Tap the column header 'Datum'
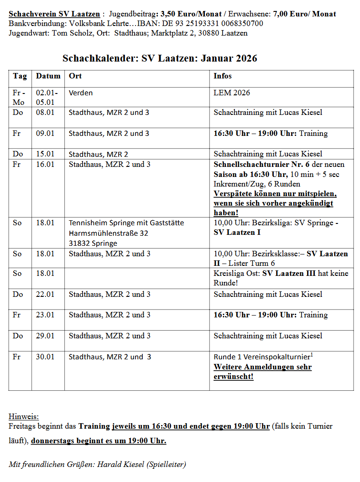48,76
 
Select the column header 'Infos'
223,76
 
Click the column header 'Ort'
75,76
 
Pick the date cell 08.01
45,113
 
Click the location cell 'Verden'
81,93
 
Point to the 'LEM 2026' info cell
232,93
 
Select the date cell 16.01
45,165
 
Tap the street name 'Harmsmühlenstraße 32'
109,233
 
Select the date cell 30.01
45,357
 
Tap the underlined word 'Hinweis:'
24,416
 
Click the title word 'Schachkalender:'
100,58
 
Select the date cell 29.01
45,336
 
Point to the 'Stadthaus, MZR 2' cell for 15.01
98,154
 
